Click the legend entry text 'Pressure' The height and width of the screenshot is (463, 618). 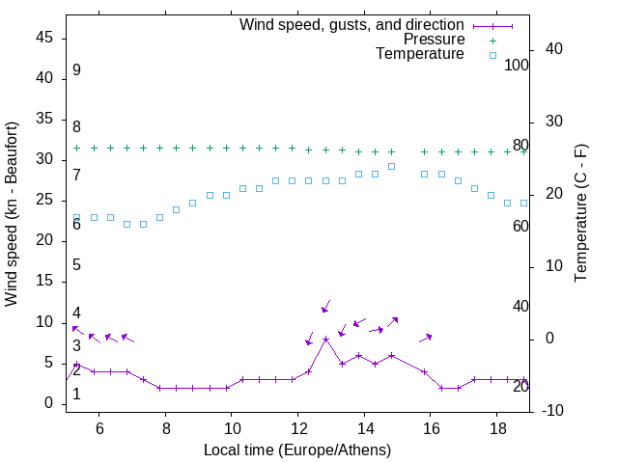[x=434, y=40]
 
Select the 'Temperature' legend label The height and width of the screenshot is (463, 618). [x=420, y=55]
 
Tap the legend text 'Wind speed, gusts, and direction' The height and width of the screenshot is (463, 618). [x=351, y=24]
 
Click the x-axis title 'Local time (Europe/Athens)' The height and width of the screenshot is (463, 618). [x=297, y=450]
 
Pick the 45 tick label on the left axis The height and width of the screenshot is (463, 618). [x=44, y=38]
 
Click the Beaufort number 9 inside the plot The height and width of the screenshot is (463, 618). [x=76, y=70]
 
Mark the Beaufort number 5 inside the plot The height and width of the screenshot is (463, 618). [x=76, y=265]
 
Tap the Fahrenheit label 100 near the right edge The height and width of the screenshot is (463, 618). [x=517, y=66]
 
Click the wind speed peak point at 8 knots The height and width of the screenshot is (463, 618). [x=325, y=339]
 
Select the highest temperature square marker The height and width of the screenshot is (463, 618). [x=391, y=166]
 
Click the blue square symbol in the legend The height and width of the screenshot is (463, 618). [x=492, y=55]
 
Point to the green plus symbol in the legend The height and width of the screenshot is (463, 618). [x=492, y=40]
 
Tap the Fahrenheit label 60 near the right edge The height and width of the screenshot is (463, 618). [x=520, y=226]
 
